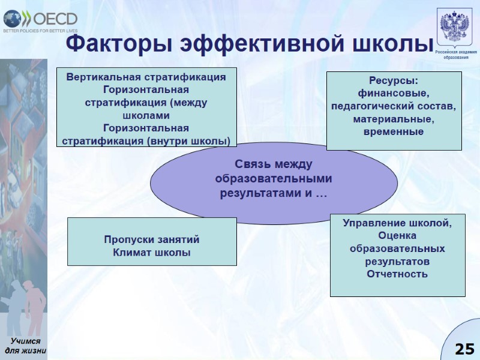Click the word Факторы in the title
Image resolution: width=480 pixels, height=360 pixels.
tap(115, 43)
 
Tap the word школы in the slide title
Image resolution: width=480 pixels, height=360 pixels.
tap(393, 43)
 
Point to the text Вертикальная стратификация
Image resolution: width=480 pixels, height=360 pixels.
tap(146, 77)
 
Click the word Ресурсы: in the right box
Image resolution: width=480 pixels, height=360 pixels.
tap(394, 80)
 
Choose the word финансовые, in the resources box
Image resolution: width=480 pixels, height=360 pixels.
tap(394, 94)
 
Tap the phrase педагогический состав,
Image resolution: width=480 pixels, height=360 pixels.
tap(394, 106)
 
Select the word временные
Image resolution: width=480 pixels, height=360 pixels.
tap(394, 131)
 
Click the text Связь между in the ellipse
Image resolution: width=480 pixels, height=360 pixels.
tap(274, 164)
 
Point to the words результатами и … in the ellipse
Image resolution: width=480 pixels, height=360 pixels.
tap(273, 193)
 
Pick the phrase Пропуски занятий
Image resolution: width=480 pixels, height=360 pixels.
tap(152, 240)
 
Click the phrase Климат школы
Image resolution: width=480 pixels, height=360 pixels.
tap(152, 253)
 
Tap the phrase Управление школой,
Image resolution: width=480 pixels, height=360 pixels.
tap(397, 223)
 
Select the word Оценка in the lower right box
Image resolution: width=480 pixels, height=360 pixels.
tap(397, 236)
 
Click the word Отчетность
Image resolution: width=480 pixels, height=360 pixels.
tap(397, 274)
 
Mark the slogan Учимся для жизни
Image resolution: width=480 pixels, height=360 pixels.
tap(25, 346)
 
